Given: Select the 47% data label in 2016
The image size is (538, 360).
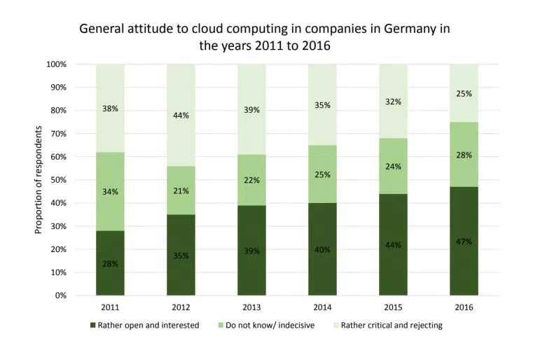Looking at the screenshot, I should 464,242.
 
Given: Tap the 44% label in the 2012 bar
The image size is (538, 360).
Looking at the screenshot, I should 181,115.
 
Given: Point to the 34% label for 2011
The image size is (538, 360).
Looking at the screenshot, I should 110,191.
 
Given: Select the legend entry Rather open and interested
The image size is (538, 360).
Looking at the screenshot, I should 148,325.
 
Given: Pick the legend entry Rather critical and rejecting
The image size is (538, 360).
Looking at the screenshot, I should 391,325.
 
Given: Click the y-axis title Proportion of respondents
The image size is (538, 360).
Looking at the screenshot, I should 39,180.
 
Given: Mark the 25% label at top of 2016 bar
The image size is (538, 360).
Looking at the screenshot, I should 464,93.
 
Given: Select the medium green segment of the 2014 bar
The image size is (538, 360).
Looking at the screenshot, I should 322,174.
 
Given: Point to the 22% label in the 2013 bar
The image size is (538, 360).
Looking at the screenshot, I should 251,180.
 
